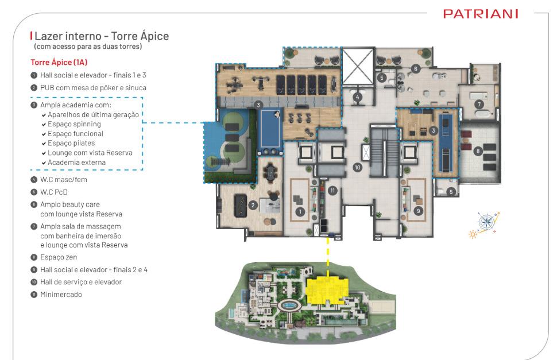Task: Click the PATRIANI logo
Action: pos(481,14)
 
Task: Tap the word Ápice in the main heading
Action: pos(154,36)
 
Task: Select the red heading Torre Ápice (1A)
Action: pos(59,62)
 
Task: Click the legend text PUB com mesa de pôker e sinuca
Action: pos(93,88)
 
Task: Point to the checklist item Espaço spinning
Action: pos(74,124)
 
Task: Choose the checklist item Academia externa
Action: pos(77,162)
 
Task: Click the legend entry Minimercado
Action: pos(61,295)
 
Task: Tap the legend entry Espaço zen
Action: pos(59,257)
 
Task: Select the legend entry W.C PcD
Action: pos(53,192)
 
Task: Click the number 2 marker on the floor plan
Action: pos(253,205)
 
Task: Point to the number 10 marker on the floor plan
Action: pos(357,167)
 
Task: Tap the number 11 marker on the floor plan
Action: pos(332,191)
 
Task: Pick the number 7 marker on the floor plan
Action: pos(479,104)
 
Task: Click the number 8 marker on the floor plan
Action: pos(478,151)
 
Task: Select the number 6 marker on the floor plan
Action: pos(416,69)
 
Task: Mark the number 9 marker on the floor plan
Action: pos(419,211)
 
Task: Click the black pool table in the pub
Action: pos(241,206)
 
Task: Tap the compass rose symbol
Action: pos(486,222)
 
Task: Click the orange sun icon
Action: pos(473,234)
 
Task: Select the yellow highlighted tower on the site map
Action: pos(327,291)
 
